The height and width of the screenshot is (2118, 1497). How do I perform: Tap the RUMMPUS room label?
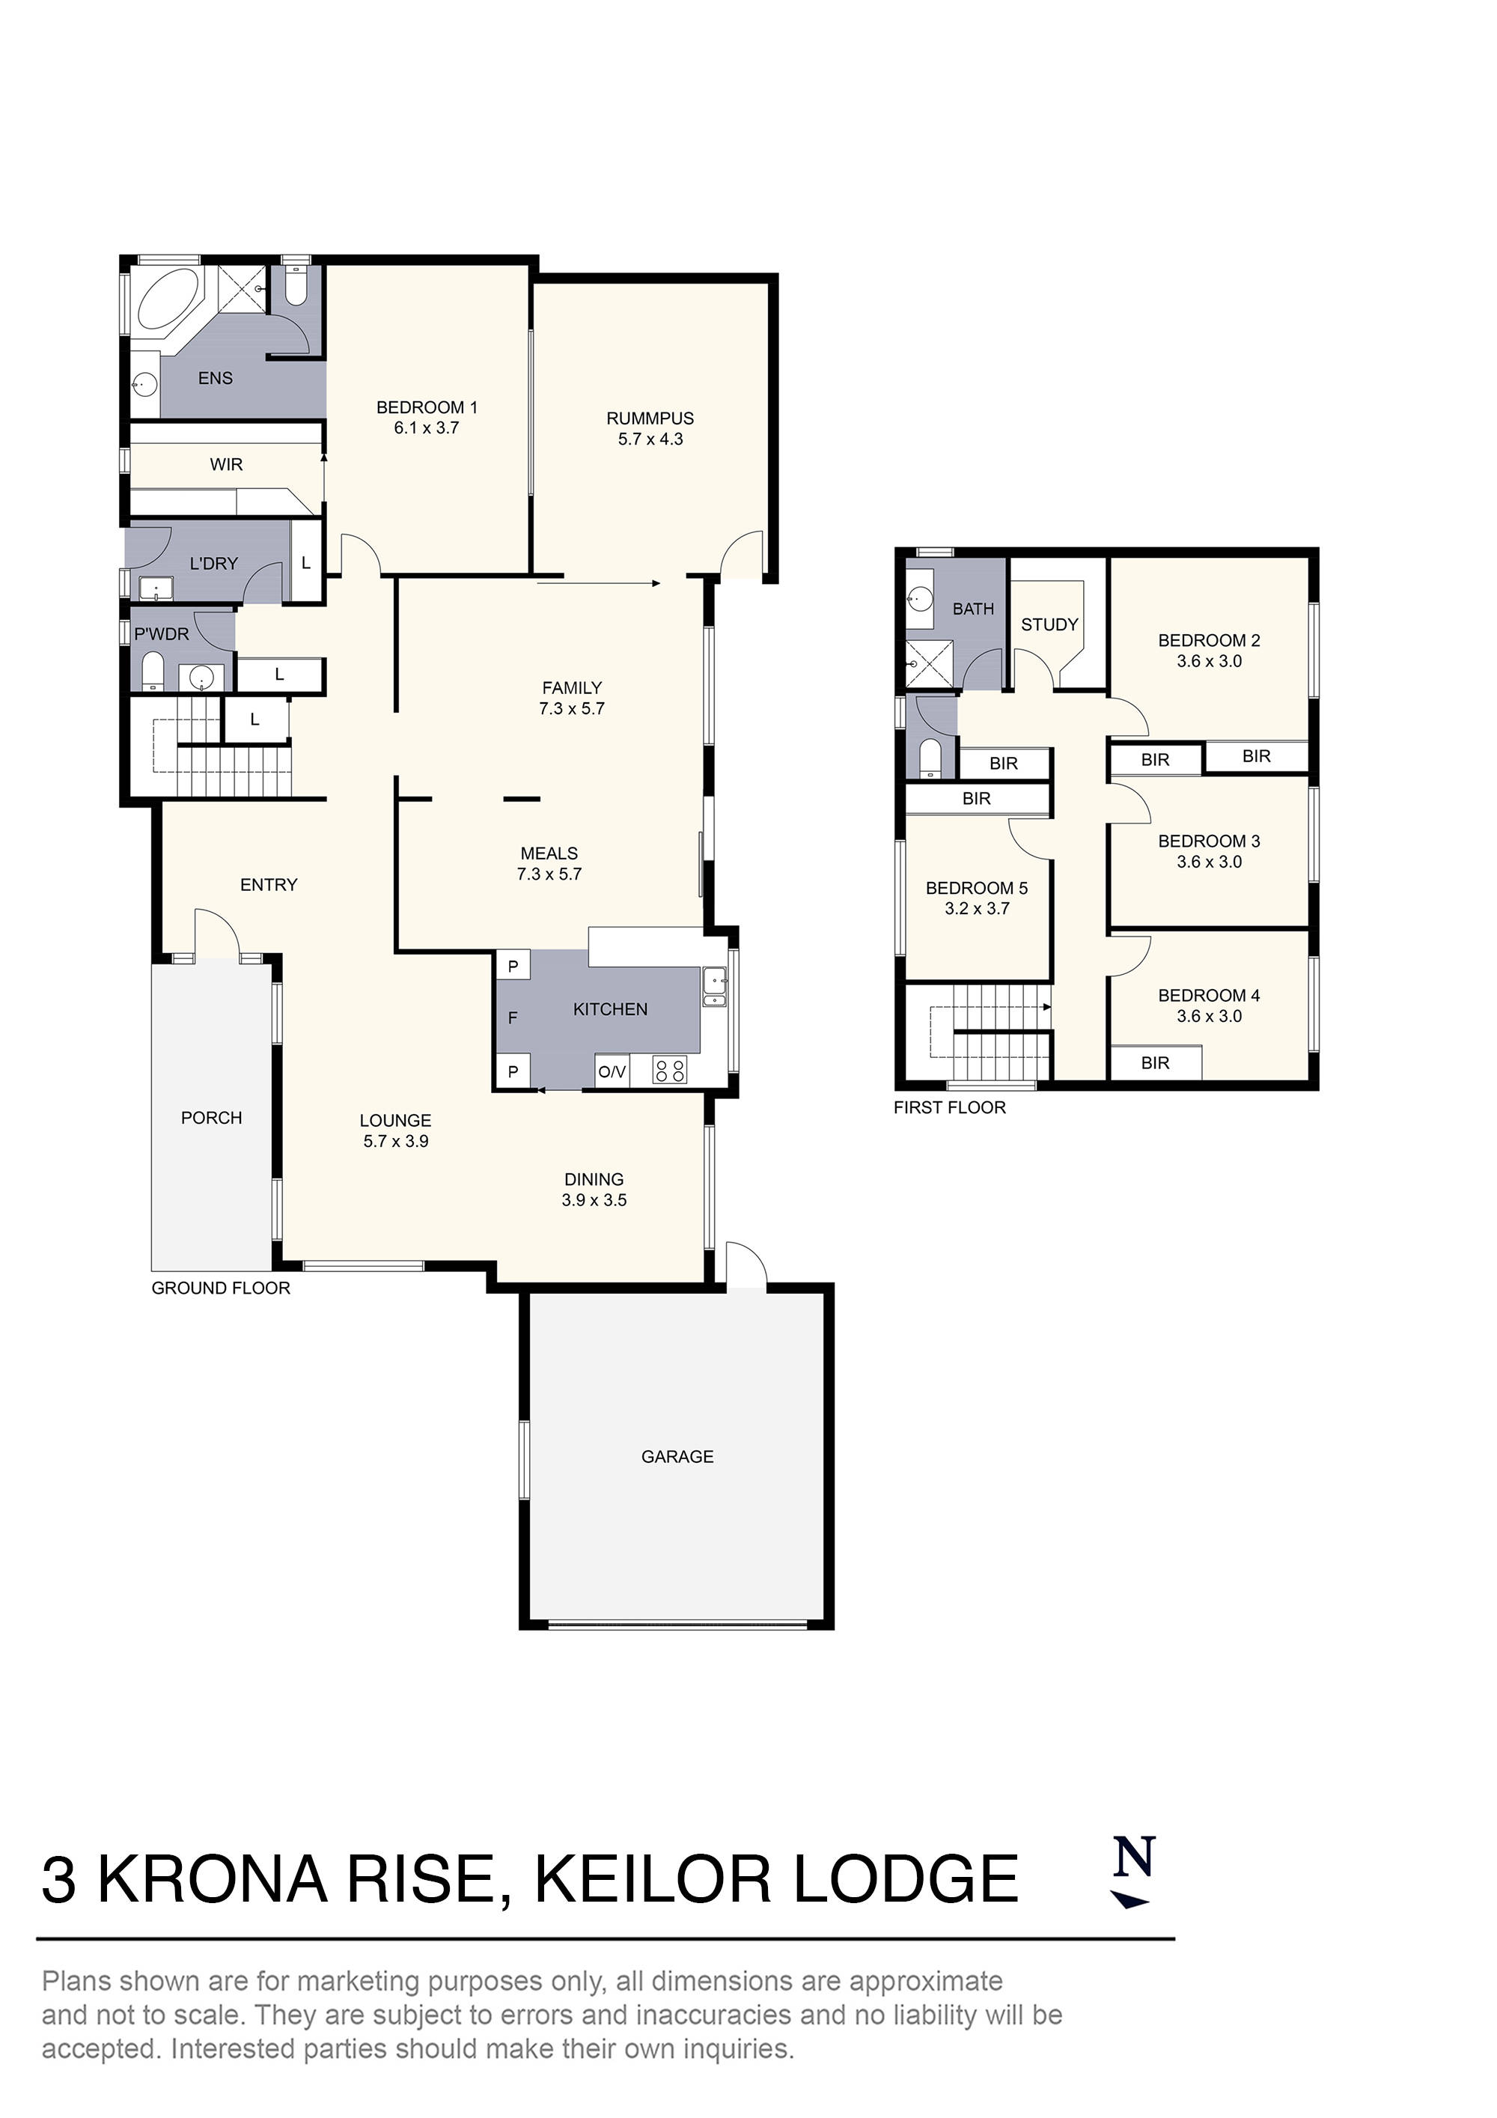650,418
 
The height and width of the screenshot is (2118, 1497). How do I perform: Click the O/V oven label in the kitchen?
612,1071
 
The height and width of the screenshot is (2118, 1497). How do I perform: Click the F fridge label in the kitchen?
512,1017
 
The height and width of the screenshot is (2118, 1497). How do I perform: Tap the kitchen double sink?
713,986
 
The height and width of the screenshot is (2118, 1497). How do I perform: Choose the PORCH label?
211,1118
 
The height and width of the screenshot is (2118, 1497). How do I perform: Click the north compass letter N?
1133,1857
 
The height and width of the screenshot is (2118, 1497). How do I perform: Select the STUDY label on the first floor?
1049,624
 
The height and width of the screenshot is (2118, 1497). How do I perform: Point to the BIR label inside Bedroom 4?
1155,1062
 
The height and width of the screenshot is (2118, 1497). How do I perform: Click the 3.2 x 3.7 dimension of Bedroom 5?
977,909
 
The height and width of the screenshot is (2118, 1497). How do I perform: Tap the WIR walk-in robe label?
226,464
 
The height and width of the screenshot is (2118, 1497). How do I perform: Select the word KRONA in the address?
212,1880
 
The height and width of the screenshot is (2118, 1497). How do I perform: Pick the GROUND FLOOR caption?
221,1288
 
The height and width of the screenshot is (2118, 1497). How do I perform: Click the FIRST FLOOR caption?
949,1107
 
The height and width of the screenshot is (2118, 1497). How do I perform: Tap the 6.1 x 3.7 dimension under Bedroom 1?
426,428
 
